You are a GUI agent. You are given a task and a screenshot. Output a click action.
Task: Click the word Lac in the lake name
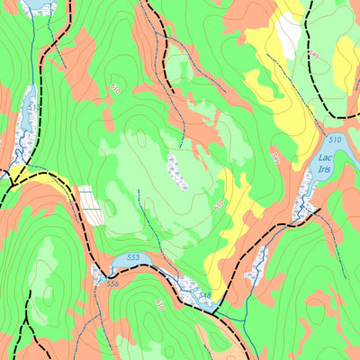[325, 158]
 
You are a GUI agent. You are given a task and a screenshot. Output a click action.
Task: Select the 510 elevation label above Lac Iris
[334, 140]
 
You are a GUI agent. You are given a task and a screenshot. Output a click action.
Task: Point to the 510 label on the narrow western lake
[33, 107]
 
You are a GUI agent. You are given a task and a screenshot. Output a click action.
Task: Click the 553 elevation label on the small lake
[133, 258]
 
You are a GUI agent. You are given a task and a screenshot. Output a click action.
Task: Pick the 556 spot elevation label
[112, 283]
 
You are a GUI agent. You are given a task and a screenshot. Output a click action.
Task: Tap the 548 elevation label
[204, 296]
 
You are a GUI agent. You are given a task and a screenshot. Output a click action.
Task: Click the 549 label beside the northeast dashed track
[313, 56]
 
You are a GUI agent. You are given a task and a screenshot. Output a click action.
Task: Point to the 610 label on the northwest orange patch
[115, 88]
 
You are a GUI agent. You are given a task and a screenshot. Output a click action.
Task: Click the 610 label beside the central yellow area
[219, 204]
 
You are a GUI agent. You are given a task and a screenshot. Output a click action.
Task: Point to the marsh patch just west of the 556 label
[98, 275]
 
